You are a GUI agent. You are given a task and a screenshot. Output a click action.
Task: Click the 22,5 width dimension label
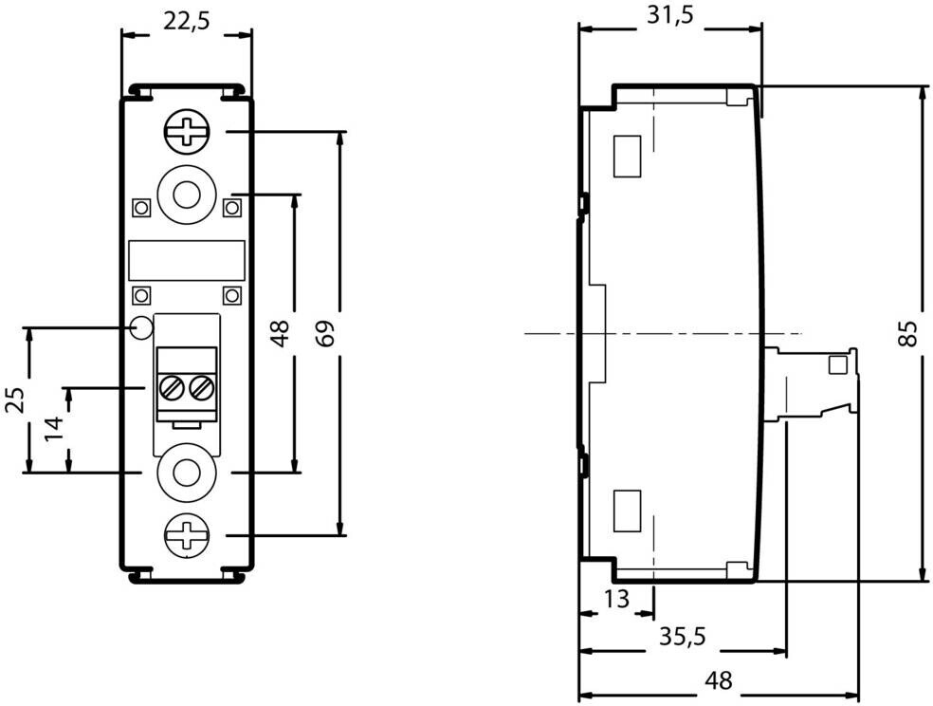(x=186, y=22)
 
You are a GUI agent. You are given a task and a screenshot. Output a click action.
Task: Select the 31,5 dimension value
(x=670, y=15)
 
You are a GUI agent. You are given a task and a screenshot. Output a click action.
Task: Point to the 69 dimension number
(x=326, y=333)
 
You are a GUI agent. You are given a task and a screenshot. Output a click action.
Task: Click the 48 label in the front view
(x=280, y=333)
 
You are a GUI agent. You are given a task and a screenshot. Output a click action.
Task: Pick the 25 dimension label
(x=14, y=400)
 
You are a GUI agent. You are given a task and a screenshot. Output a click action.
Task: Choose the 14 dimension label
(x=53, y=429)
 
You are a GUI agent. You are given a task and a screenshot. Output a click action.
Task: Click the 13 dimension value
(x=616, y=599)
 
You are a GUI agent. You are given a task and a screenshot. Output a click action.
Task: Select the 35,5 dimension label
(x=682, y=637)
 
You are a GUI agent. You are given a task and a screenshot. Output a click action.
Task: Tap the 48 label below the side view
(x=718, y=680)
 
